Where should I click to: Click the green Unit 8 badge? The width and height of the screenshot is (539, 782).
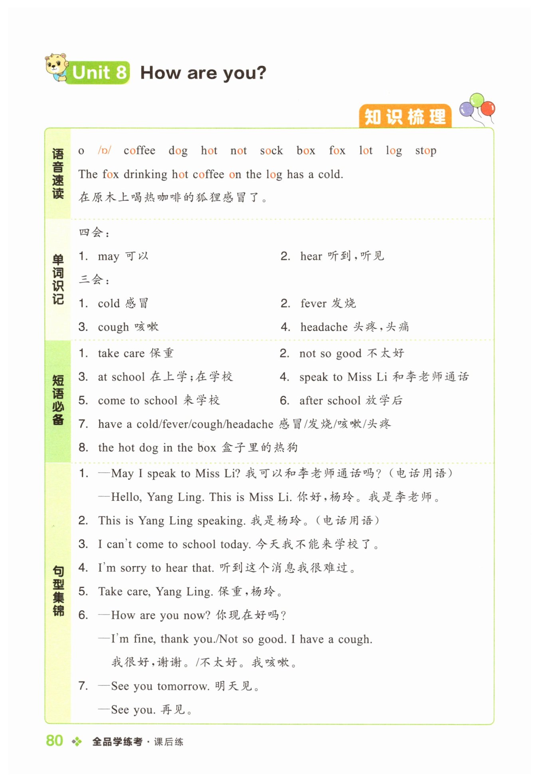99,73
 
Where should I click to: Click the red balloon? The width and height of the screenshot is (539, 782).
487,108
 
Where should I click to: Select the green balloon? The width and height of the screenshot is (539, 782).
477,100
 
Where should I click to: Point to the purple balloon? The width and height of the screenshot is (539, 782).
466,109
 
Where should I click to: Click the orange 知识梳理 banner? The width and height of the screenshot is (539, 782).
405,117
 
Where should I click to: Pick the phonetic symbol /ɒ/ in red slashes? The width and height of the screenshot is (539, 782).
104,151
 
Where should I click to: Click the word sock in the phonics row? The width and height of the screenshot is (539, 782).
271,151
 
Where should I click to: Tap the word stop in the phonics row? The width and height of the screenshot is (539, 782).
425,151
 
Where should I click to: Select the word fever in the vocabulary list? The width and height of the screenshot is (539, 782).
313,304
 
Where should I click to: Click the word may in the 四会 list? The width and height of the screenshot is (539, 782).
108,256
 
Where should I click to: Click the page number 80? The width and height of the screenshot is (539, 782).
54,741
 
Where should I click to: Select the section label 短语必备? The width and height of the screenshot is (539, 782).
58,399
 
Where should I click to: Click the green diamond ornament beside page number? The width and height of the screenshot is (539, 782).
77,742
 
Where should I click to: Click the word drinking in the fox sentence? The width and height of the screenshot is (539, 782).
145,175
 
